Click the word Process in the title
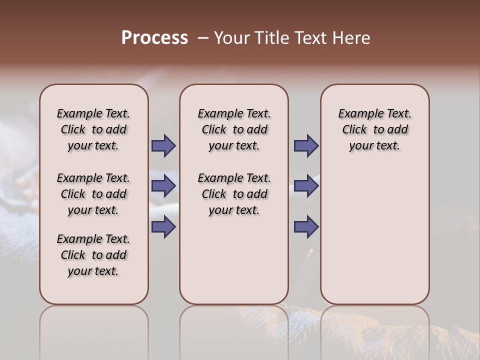pos(154,37)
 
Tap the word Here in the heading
pos(352,38)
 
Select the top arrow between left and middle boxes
pos(163,146)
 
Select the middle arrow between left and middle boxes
pos(163,186)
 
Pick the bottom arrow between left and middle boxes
pos(163,227)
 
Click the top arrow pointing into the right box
pos(306,146)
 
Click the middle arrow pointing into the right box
pos(306,186)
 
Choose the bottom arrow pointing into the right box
pos(306,227)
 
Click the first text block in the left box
pos(93,129)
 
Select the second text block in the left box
pos(93,194)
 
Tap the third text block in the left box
pos(93,255)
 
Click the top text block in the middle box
pos(234,129)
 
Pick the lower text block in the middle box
pos(234,194)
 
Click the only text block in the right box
pos(374,129)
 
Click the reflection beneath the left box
pos(93,330)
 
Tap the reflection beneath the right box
pos(374,330)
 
